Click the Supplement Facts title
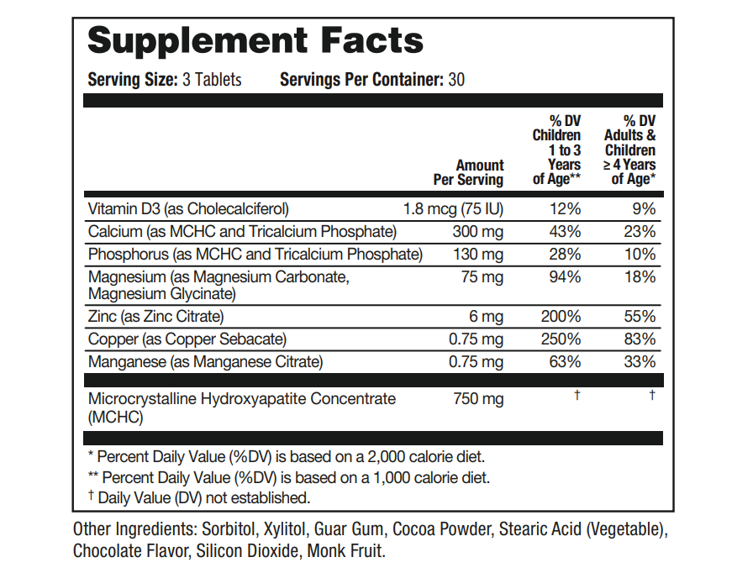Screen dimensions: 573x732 [255, 40]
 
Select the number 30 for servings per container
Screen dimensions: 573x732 [456, 80]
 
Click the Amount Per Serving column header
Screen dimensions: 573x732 [469, 172]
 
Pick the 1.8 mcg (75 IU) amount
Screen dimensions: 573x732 [454, 208]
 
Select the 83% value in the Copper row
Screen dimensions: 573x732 [640, 339]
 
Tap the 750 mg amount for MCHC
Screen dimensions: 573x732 [478, 399]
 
